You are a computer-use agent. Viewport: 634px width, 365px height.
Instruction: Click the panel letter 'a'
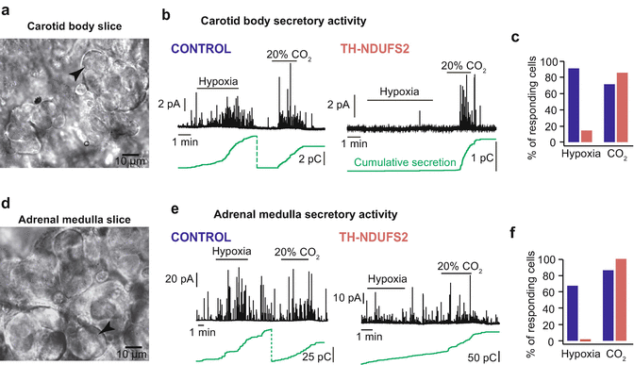pyautogui.click(x=6, y=7)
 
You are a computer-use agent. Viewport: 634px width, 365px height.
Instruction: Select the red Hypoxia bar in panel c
pyautogui.click(x=585, y=136)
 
